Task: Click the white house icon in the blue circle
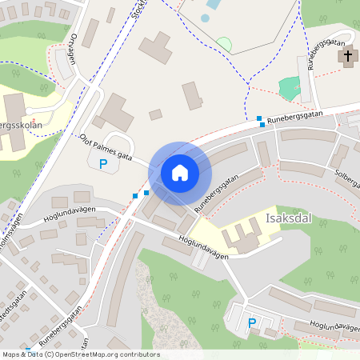(x=179, y=172)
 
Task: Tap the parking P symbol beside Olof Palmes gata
(x=102, y=164)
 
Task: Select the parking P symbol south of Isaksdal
(x=252, y=323)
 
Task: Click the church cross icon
(x=347, y=57)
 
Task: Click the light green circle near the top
(x=224, y=45)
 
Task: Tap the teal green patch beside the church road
(x=290, y=87)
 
